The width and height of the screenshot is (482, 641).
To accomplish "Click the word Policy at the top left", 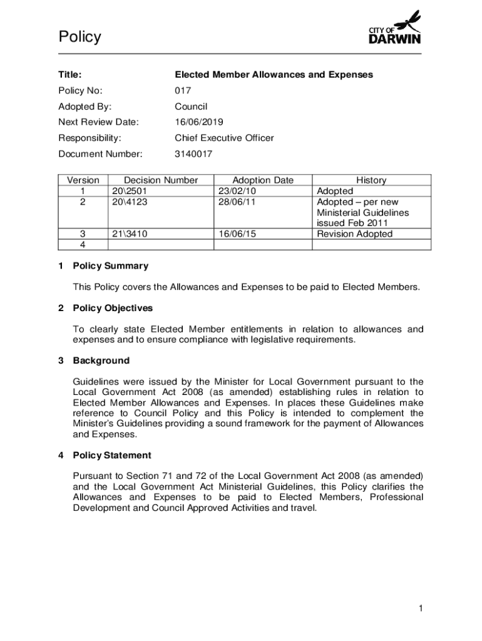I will point(79,38).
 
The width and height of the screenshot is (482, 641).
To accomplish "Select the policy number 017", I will point(183,91).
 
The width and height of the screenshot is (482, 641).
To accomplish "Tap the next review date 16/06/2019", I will point(199,122).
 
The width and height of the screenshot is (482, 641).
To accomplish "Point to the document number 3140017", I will point(193,153).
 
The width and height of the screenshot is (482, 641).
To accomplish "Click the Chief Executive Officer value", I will point(224,138).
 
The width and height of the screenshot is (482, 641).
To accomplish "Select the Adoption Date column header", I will point(262,180).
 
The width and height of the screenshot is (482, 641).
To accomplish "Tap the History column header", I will point(371,180).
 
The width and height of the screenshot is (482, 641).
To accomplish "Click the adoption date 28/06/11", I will point(238,202).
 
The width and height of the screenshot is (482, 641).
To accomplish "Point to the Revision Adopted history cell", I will point(355,233).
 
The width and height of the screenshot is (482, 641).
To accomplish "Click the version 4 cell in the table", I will point(83,244).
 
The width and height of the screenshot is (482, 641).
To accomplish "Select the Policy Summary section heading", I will point(111,266).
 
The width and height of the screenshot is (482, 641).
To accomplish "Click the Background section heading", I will point(101,361).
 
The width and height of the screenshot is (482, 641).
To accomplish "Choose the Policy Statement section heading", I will point(112,455).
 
